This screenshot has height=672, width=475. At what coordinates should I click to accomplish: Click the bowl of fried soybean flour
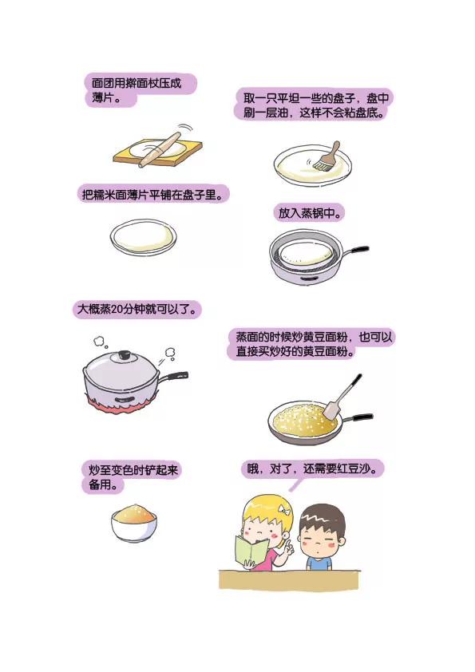(x=133, y=522)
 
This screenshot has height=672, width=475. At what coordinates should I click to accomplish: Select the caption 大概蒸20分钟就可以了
(x=136, y=309)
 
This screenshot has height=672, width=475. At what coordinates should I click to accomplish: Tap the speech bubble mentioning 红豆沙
(x=312, y=468)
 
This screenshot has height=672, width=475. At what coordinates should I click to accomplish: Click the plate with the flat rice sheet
(x=144, y=238)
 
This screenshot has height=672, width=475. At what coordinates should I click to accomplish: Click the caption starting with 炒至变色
(x=133, y=477)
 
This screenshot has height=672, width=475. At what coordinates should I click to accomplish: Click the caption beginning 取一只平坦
(x=316, y=105)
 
